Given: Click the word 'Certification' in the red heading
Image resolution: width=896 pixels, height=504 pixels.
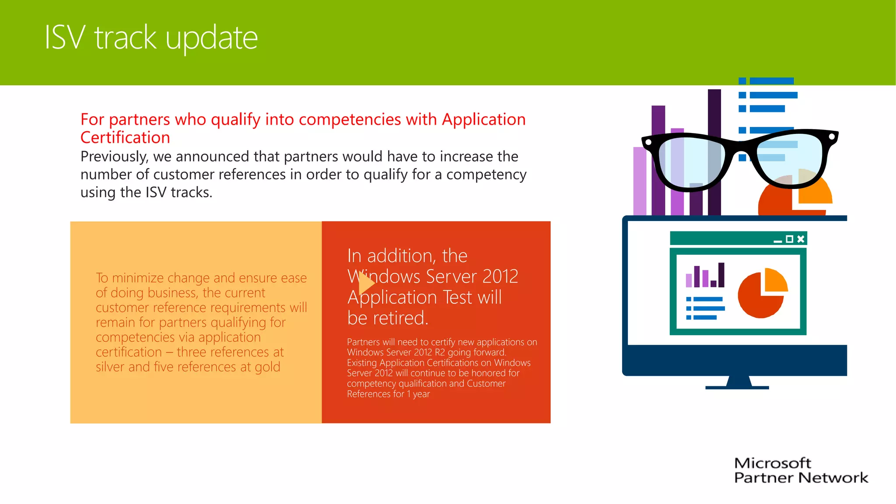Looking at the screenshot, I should point(125,138).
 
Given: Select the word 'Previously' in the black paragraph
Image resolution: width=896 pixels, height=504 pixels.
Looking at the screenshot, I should point(114,157).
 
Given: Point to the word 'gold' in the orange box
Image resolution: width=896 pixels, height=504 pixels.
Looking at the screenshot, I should point(267,367).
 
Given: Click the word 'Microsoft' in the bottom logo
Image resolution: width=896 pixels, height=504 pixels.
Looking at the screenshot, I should point(772,463).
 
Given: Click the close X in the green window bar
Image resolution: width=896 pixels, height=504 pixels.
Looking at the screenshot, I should point(801,239).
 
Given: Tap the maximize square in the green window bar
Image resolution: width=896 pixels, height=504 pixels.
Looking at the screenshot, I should point(789,239).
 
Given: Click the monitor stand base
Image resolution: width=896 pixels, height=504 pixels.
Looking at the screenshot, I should point(737,387).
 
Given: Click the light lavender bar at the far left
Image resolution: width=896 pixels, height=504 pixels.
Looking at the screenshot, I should point(639,184).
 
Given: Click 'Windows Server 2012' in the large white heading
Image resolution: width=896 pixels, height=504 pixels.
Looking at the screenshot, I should point(433,276).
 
